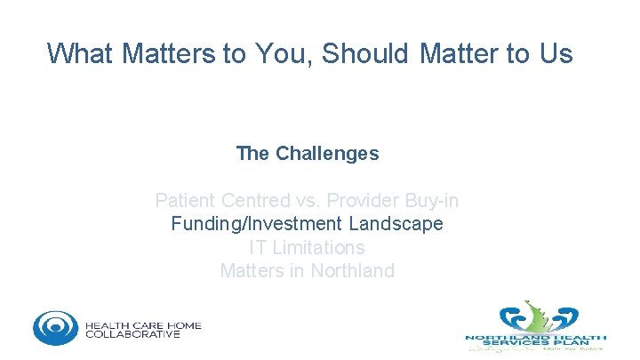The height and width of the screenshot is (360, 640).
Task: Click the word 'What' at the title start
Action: coord(80,54)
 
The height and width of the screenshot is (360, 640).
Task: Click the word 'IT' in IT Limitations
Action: coord(259,247)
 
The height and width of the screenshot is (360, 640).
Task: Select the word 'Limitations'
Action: coord(318,247)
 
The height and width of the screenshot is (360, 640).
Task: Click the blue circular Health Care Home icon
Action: coord(55,326)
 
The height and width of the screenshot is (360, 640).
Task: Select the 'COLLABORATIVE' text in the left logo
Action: coord(132,334)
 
